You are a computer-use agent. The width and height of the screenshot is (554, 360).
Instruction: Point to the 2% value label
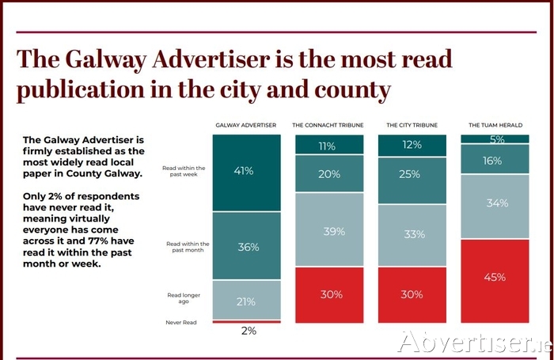point(248,331)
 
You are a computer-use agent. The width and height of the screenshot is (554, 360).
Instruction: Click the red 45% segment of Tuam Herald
point(496,277)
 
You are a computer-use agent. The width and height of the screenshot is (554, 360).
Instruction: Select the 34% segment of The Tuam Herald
point(496,203)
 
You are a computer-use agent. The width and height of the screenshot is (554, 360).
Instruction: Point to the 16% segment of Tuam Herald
point(496,161)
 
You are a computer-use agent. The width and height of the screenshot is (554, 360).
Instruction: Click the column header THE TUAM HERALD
point(496,125)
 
